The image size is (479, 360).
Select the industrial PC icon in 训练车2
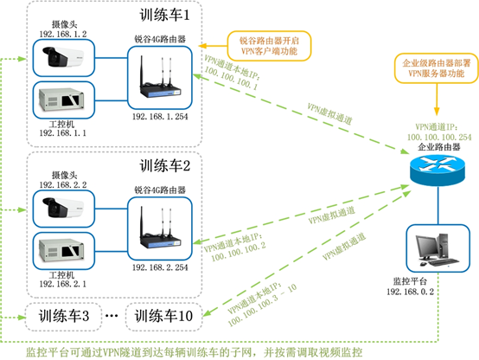[63, 248]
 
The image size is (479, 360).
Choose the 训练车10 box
[164, 317]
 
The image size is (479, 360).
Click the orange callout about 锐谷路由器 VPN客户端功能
[263, 46]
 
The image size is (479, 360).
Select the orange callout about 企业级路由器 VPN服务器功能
[432, 69]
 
